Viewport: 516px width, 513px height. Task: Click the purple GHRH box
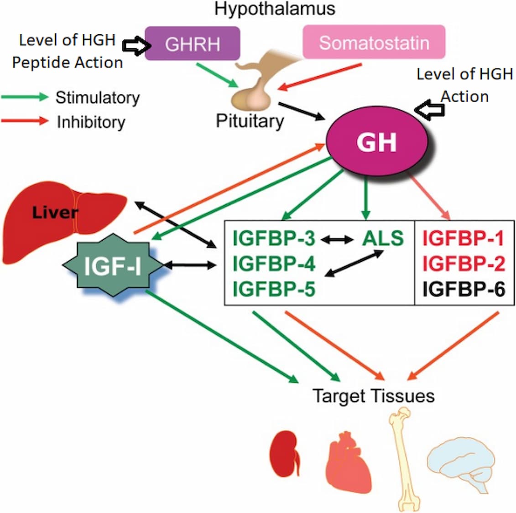[x=192, y=44]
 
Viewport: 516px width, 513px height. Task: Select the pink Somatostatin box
[x=374, y=42]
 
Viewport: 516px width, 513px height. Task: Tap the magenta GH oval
[x=376, y=142]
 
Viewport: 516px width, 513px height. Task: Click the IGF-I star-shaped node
[x=112, y=266]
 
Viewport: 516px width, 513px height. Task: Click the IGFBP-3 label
[x=274, y=238]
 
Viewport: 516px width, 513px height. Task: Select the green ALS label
[x=383, y=238]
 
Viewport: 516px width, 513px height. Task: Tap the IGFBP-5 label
[x=274, y=289]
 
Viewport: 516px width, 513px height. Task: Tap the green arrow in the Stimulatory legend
[x=25, y=97]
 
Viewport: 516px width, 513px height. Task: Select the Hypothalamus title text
[x=275, y=8]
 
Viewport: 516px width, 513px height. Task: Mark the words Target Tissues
[x=373, y=395]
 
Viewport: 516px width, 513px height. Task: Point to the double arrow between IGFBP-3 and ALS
[x=339, y=238]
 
